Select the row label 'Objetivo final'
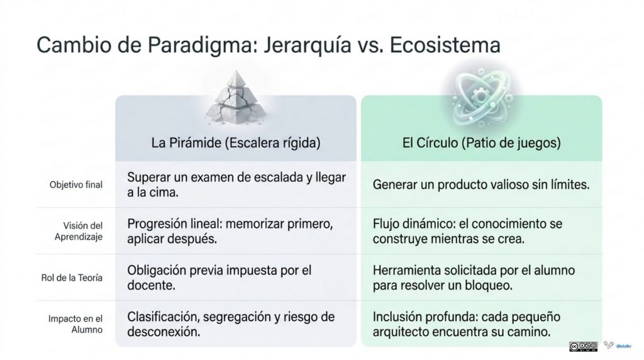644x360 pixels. [76, 184]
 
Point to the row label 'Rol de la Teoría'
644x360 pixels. [72, 278]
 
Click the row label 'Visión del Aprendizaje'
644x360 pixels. [79, 231]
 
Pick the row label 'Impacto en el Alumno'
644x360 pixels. [75, 324]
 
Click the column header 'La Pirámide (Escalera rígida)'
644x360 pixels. [236, 143]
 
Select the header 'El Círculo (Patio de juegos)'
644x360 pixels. [481, 143]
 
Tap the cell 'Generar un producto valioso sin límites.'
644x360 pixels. [481, 184]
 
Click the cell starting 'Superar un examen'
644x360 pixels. [236, 184]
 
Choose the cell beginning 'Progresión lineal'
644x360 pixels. [230, 231]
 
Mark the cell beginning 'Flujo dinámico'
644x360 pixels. [467, 231]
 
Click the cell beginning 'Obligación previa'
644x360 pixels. [219, 278]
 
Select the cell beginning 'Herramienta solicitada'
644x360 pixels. [474, 278]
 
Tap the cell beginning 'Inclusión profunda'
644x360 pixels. [467, 324]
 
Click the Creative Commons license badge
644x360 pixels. [583, 346]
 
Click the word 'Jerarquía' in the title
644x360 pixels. [308, 45]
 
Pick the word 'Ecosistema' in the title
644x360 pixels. [445, 45]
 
